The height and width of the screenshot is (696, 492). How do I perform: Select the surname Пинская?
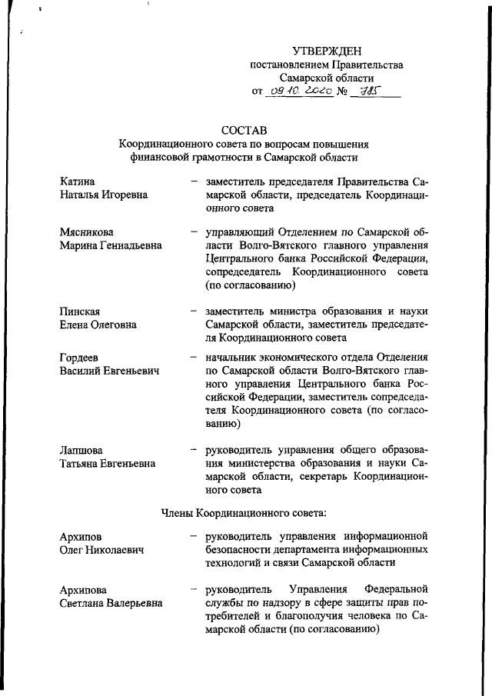point(81,310)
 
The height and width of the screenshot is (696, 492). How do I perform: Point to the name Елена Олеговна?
point(98,324)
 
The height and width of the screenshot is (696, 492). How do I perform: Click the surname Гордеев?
point(81,358)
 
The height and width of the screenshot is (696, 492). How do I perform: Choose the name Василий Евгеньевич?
point(109,371)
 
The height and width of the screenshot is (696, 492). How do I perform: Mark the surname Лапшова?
point(82,449)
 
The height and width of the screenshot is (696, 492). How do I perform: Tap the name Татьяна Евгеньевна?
point(107,463)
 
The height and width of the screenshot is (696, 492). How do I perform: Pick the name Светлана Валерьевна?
point(111,604)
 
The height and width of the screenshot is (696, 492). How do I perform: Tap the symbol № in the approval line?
point(340,93)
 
